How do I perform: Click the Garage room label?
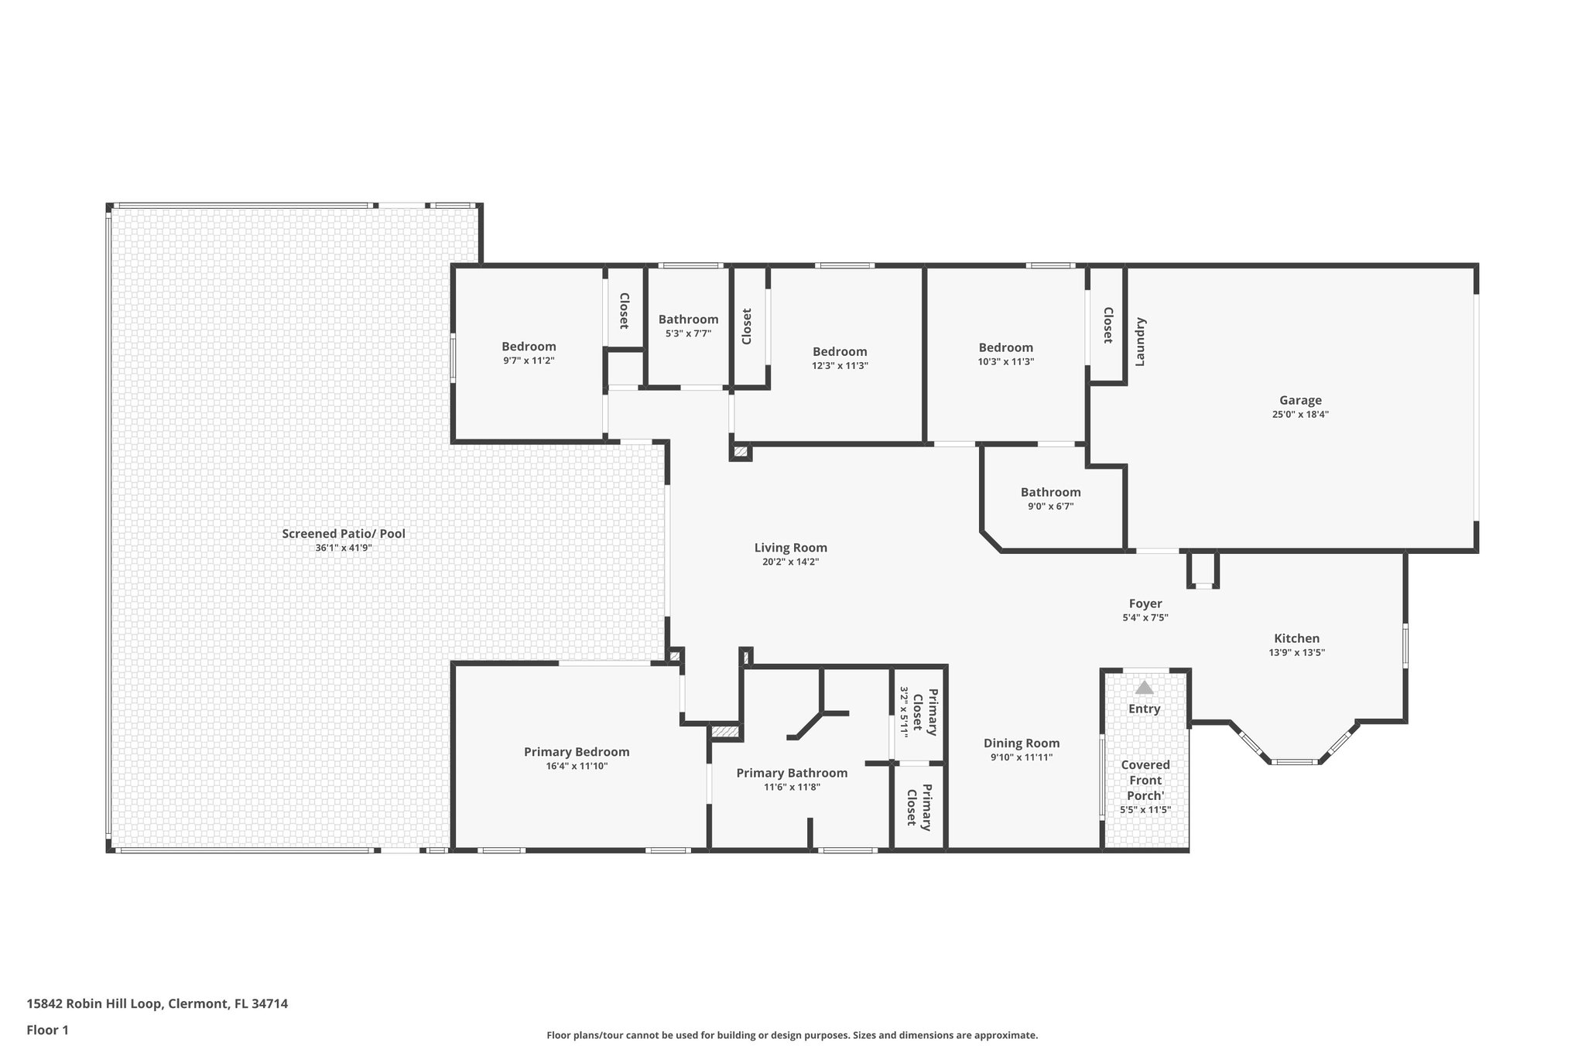point(1299,400)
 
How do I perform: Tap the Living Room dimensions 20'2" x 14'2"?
point(790,562)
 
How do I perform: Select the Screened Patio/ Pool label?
point(343,534)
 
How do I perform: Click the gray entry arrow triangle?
point(1144,687)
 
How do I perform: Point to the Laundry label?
point(1139,341)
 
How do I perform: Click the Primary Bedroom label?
point(577,752)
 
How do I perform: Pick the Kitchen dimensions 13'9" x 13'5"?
point(1296,652)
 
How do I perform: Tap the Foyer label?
point(1145,603)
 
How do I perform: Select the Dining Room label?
point(1021,743)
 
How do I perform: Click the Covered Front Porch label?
point(1145,780)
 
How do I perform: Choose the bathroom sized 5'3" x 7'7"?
point(688,320)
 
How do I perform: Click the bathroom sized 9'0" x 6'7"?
point(1050,492)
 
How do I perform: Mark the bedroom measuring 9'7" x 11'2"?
point(529,347)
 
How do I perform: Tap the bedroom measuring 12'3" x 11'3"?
point(840,352)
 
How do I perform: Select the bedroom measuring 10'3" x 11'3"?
point(1005,348)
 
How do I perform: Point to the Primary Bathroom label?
point(792,773)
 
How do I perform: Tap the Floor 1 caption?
point(48,1030)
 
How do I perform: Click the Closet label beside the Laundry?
point(1107,325)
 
